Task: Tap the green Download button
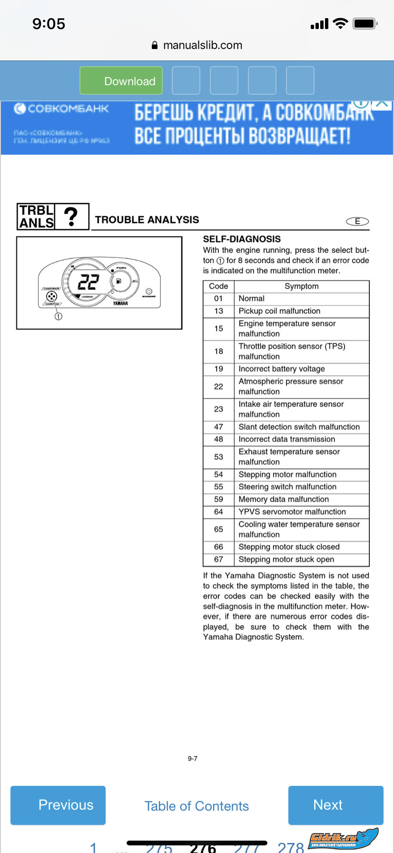(x=121, y=81)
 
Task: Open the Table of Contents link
(x=197, y=806)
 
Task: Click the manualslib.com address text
(x=202, y=45)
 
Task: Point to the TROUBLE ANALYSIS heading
(x=147, y=220)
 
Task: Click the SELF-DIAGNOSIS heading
(x=242, y=239)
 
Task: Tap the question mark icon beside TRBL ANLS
(x=71, y=217)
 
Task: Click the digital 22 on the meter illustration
(x=89, y=282)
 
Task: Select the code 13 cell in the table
(x=218, y=311)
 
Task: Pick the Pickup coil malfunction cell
(x=279, y=311)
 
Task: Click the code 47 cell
(x=218, y=427)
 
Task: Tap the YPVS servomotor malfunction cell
(x=292, y=512)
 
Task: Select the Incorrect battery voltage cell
(x=282, y=369)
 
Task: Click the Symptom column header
(x=302, y=286)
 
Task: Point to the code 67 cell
(x=218, y=559)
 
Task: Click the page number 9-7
(x=193, y=758)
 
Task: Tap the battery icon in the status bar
(x=365, y=23)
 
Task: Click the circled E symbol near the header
(x=357, y=221)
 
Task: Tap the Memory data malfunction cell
(x=284, y=499)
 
